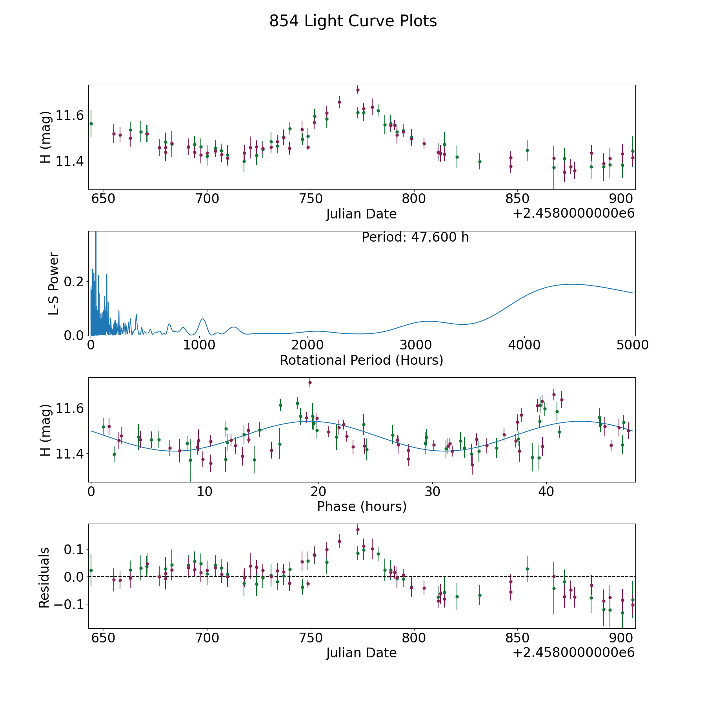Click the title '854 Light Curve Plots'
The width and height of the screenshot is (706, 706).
click(x=353, y=21)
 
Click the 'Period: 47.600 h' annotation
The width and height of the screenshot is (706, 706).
click(x=415, y=237)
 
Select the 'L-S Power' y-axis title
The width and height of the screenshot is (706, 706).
click(x=54, y=284)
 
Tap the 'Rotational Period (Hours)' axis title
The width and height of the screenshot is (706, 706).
click(x=361, y=360)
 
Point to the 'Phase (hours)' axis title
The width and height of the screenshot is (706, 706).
click(x=362, y=506)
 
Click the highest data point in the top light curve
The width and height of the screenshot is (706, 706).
click(x=358, y=90)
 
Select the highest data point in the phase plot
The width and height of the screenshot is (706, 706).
click(x=310, y=382)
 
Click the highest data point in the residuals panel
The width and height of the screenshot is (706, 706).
click(x=358, y=529)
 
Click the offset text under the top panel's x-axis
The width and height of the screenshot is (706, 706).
click(x=573, y=213)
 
